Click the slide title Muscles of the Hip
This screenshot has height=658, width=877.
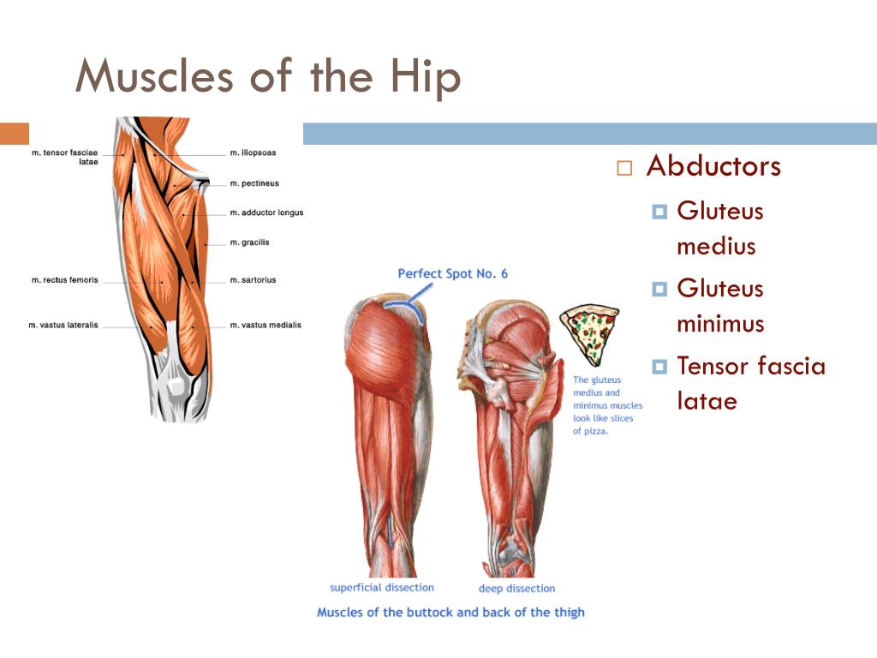point(268,76)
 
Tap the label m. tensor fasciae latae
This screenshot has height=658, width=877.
point(65,157)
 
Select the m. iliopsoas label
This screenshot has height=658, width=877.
point(253,153)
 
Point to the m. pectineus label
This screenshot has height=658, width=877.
point(254,183)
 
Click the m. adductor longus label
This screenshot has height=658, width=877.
point(267,212)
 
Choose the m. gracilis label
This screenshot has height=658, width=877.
point(249,242)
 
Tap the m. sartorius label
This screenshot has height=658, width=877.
point(253,280)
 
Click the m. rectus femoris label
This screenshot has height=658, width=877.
point(65,280)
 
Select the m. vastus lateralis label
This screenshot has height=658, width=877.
point(63,325)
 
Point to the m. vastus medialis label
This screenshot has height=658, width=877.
point(265,325)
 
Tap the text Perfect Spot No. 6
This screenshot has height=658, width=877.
point(452,273)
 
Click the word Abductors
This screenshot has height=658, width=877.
point(713,166)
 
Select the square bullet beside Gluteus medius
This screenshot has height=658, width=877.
point(659,212)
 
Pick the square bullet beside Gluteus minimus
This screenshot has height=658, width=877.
point(659,289)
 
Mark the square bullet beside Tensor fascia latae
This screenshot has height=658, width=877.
point(659,367)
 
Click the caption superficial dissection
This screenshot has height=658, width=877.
point(382,588)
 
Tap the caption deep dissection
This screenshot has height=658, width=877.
point(516,588)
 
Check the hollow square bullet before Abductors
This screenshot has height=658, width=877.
point(624,168)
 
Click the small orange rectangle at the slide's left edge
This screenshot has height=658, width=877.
point(15,134)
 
